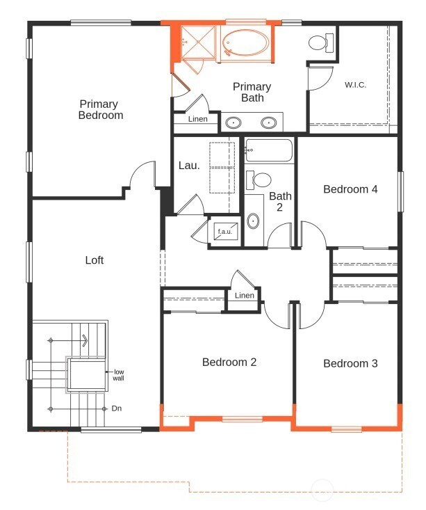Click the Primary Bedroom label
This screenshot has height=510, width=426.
click(x=101, y=110)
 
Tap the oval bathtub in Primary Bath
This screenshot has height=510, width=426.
click(x=246, y=42)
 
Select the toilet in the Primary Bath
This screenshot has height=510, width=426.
click(x=321, y=42)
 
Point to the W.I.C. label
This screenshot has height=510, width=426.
click(x=355, y=85)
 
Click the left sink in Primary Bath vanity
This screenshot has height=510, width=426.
click(x=234, y=122)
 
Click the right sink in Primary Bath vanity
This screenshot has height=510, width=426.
click(x=269, y=122)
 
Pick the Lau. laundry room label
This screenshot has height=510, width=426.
click(x=189, y=166)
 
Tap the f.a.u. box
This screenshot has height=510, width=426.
click(x=225, y=231)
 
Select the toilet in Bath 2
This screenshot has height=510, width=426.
click(x=259, y=180)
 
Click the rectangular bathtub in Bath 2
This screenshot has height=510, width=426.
click(x=269, y=150)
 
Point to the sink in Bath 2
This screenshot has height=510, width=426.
click(x=253, y=221)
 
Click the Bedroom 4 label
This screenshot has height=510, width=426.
click(x=350, y=189)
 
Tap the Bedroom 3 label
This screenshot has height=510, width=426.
click(x=350, y=363)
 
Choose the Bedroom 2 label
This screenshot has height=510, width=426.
click(x=229, y=362)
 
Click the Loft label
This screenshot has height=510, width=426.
click(x=95, y=260)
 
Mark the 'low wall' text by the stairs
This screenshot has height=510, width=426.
click(x=119, y=375)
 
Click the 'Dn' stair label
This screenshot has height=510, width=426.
click(x=116, y=408)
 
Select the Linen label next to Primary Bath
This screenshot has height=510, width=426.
click(x=197, y=119)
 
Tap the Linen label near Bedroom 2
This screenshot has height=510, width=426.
click(x=245, y=295)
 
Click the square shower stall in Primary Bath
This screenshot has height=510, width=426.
click(x=198, y=42)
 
